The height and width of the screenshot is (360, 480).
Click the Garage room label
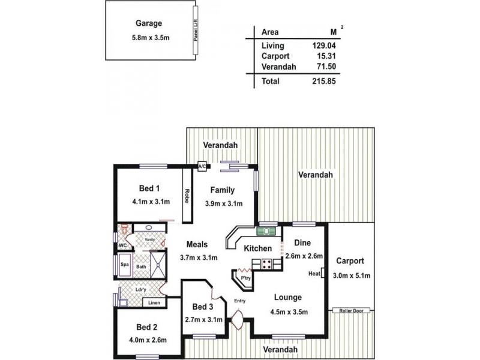[149, 24]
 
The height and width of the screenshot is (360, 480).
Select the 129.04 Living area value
[323, 45]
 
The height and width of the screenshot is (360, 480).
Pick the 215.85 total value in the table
[323, 81]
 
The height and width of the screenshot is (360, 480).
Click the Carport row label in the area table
[275, 56]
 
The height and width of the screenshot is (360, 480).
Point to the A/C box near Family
[203, 166]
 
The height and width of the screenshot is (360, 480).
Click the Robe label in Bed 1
[187, 197]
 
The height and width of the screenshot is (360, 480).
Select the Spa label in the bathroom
[125, 264]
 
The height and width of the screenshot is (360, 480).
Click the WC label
[122, 245]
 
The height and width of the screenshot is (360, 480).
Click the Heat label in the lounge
[314, 274]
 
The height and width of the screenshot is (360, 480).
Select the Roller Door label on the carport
[352, 311]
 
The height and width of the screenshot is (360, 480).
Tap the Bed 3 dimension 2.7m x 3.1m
[203, 319]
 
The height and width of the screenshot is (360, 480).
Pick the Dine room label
[302, 242]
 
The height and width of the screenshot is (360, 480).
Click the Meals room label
[197, 245]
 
